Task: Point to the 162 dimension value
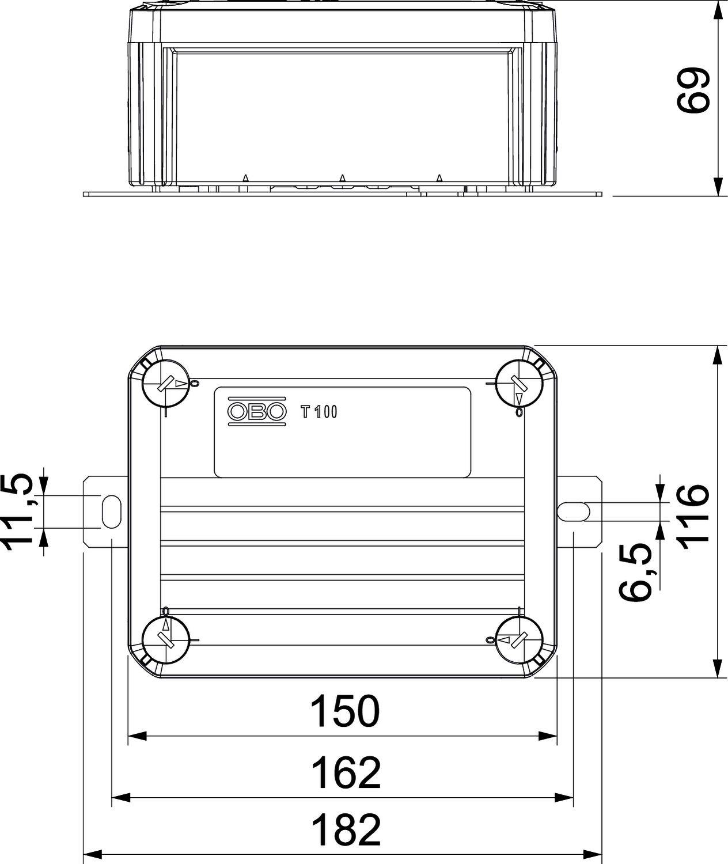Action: pos(346,773)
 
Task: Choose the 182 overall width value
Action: pos(346,829)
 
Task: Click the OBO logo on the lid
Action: pos(257,411)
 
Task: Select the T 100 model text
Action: pos(319,412)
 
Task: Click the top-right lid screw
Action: pos(520,383)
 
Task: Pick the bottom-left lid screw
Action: pos(166,639)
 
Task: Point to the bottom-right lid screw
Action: pos(520,639)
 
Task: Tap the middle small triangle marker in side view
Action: pos(342,179)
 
